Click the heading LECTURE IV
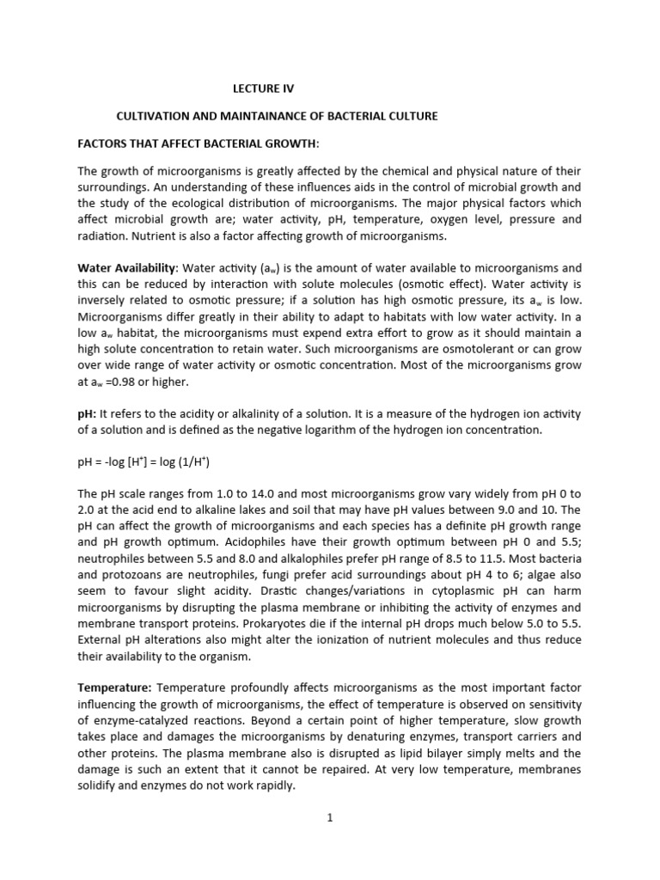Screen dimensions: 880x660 (268, 88)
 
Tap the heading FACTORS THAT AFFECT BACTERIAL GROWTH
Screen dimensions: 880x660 (198, 142)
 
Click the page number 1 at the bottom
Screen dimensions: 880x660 (329, 817)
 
